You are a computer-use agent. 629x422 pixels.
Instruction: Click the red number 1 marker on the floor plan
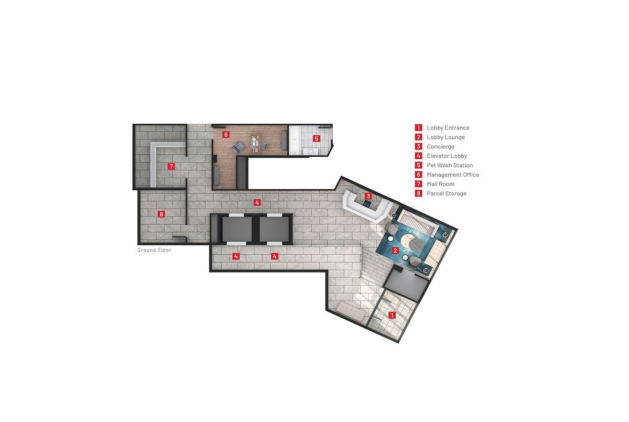[392, 315]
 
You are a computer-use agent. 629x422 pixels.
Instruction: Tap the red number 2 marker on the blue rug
[395, 250]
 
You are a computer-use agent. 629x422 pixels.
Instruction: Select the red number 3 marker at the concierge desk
[368, 196]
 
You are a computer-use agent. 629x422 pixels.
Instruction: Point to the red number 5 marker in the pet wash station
[317, 138]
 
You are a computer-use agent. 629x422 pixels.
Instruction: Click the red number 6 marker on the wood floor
[226, 135]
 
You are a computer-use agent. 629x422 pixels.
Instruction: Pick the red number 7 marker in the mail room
[171, 166]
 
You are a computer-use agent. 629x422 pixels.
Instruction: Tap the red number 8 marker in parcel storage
[161, 214]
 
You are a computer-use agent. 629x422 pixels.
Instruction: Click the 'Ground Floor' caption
[155, 250]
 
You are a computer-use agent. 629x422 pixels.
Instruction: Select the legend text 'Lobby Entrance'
[448, 128]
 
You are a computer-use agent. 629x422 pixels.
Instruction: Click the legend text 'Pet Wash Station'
[450, 165]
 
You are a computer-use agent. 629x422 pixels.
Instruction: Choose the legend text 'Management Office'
[453, 175]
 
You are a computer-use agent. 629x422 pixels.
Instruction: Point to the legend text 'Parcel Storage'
[447, 193]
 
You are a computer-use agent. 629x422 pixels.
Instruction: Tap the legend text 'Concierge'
[440, 147]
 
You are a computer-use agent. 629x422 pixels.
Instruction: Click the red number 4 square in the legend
[418, 156]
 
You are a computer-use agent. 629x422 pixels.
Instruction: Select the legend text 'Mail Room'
[441, 184]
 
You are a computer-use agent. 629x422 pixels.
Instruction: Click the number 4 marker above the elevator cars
[257, 202]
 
